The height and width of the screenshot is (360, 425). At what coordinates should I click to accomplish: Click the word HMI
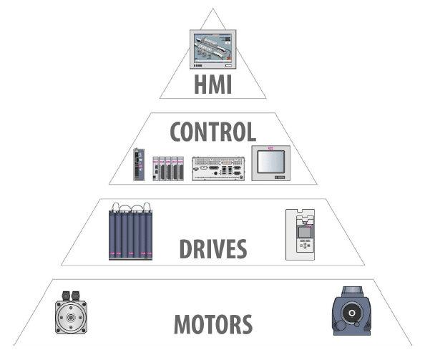click(212, 84)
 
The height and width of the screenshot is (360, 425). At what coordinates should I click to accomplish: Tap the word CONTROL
click(212, 132)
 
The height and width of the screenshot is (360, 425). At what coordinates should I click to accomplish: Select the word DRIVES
click(213, 249)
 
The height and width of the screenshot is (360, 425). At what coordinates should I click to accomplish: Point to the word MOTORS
click(213, 324)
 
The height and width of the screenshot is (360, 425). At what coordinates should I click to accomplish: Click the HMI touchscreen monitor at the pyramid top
click(212, 49)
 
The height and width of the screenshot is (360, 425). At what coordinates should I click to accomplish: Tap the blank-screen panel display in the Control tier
click(270, 163)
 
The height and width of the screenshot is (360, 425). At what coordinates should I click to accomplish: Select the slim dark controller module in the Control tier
click(139, 165)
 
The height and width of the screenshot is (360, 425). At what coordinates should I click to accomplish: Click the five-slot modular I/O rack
click(168, 168)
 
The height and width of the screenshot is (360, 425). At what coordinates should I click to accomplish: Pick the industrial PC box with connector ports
click(218, 169)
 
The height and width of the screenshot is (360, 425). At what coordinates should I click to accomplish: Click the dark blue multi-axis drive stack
click(130, 231)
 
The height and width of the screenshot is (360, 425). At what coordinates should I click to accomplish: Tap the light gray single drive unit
click(300, 235)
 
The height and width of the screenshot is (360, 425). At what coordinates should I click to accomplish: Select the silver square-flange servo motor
click(71, 313)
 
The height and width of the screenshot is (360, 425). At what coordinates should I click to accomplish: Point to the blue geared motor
click(351, 311)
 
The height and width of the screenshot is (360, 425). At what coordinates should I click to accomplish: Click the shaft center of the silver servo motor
click(71, 318)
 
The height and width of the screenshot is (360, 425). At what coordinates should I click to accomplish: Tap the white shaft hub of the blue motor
click(352, 313)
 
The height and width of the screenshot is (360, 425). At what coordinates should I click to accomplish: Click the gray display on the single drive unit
click(305, 233)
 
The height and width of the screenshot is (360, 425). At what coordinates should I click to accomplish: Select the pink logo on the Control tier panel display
click(270, 148)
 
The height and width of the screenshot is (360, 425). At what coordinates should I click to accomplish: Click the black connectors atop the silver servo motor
click(71, 296)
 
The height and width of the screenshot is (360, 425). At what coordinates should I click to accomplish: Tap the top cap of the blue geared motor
click(352, 291)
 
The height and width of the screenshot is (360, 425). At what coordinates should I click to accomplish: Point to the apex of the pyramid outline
click(212, 9)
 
